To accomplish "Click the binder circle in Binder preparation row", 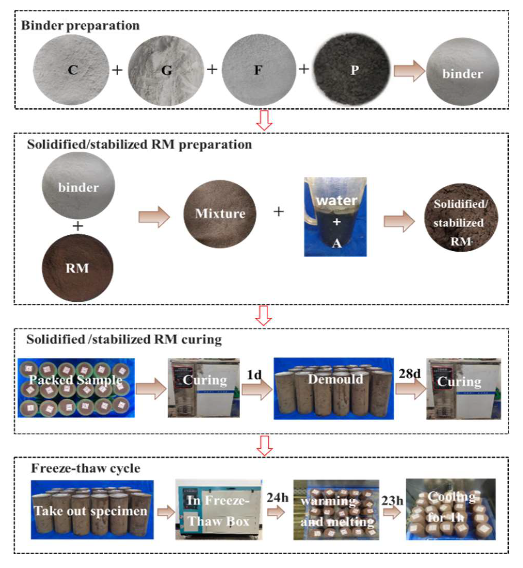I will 462,72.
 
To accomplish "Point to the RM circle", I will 78,268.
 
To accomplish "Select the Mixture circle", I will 220,214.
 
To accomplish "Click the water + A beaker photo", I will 335,217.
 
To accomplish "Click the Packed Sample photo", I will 76,388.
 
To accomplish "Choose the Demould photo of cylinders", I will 334,388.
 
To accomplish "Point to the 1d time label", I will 254,375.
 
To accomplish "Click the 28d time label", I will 410,374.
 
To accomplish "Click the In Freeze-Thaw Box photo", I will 218,509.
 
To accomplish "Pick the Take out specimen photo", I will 92,509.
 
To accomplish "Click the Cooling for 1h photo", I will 451,509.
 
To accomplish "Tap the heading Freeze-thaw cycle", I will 86,468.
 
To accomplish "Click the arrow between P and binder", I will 409,71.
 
